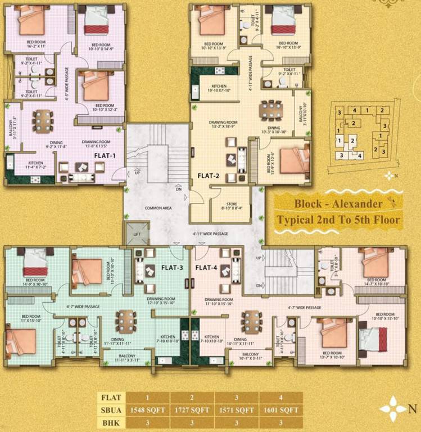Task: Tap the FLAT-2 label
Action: [208, 175]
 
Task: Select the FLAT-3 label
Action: [172, 268]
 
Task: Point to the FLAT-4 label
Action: [206, 268]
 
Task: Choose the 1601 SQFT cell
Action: [281, 409]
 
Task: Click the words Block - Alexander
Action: [338, 204]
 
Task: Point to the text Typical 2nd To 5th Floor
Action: [338, 219]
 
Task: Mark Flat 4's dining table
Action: [251, 321]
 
